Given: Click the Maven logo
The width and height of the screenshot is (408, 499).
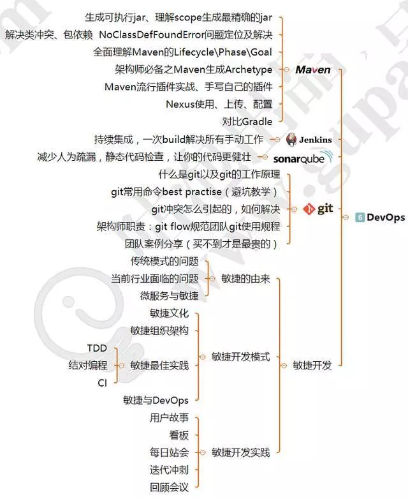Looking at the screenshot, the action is click(313, 70).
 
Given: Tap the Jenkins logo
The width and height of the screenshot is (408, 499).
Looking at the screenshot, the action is click(309, 140).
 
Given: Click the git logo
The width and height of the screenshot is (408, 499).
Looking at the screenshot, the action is click(317, 209).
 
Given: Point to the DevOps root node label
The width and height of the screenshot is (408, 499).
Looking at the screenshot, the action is click(386, 218).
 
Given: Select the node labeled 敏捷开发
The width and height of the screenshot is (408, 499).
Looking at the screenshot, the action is click(312, 366).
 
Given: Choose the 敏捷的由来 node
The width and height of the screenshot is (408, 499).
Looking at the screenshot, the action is click(245, 279).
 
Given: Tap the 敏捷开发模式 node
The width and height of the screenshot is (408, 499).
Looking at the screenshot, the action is click(240, 357).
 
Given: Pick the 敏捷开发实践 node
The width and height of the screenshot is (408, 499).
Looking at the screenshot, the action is click(240, 452).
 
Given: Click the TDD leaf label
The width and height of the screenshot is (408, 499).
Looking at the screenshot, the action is click(97, 348).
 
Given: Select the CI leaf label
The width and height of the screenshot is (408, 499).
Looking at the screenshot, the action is click(102, 383).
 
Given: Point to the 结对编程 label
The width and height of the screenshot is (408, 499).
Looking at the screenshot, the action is click(88, 366).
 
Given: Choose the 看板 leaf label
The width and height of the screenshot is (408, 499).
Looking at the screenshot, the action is click(179, 435).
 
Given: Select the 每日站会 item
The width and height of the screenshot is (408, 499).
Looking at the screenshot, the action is click(170, 452).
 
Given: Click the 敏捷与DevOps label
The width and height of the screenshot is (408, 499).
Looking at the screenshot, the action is click(156, 400).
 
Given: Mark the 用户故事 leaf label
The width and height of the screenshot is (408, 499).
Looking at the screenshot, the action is click(170, 418).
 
